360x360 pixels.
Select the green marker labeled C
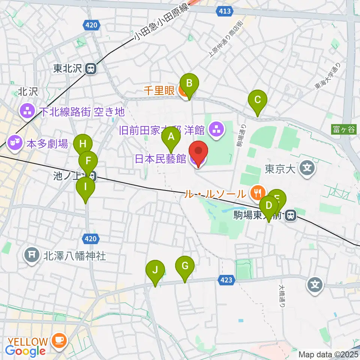click(258, 100)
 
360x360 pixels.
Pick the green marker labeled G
click(185, 266)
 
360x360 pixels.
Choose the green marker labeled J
click(156, 270)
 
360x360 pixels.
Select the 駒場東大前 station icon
click(290, 215)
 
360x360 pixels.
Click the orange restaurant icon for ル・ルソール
click(257, 192)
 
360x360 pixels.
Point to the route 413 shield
click(224, 12)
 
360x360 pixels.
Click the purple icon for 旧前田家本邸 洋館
click(217, 130)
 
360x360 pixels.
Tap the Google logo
click(25, 351)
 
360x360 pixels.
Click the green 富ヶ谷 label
click(344, 130)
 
